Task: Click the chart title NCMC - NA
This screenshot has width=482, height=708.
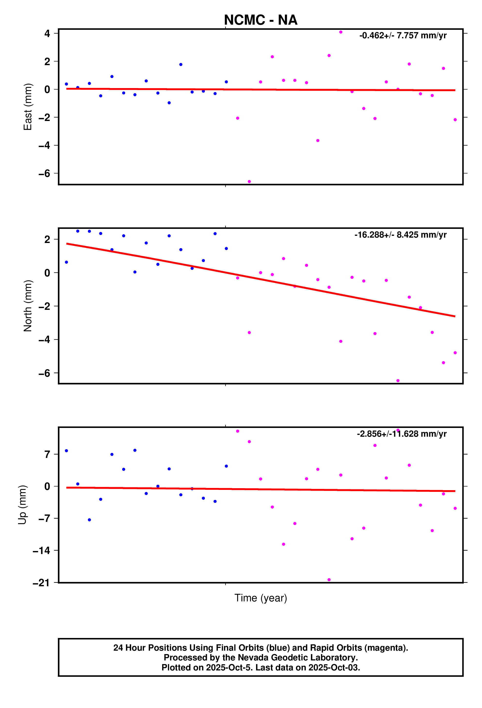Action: click(261, 20)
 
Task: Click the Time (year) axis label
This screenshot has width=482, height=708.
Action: click(261, 598)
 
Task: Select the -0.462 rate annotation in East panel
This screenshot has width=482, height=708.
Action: click(403, 36)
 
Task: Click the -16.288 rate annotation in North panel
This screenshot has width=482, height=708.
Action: click(400, 235)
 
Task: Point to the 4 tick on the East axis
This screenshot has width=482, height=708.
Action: click(47, 33)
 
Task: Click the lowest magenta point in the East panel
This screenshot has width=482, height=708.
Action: click(249, 182)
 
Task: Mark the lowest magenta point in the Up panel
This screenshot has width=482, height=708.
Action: click(329, 580)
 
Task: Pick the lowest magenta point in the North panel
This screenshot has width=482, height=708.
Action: click(398, 381)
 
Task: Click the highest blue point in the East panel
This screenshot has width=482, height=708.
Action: click(181, 65)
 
